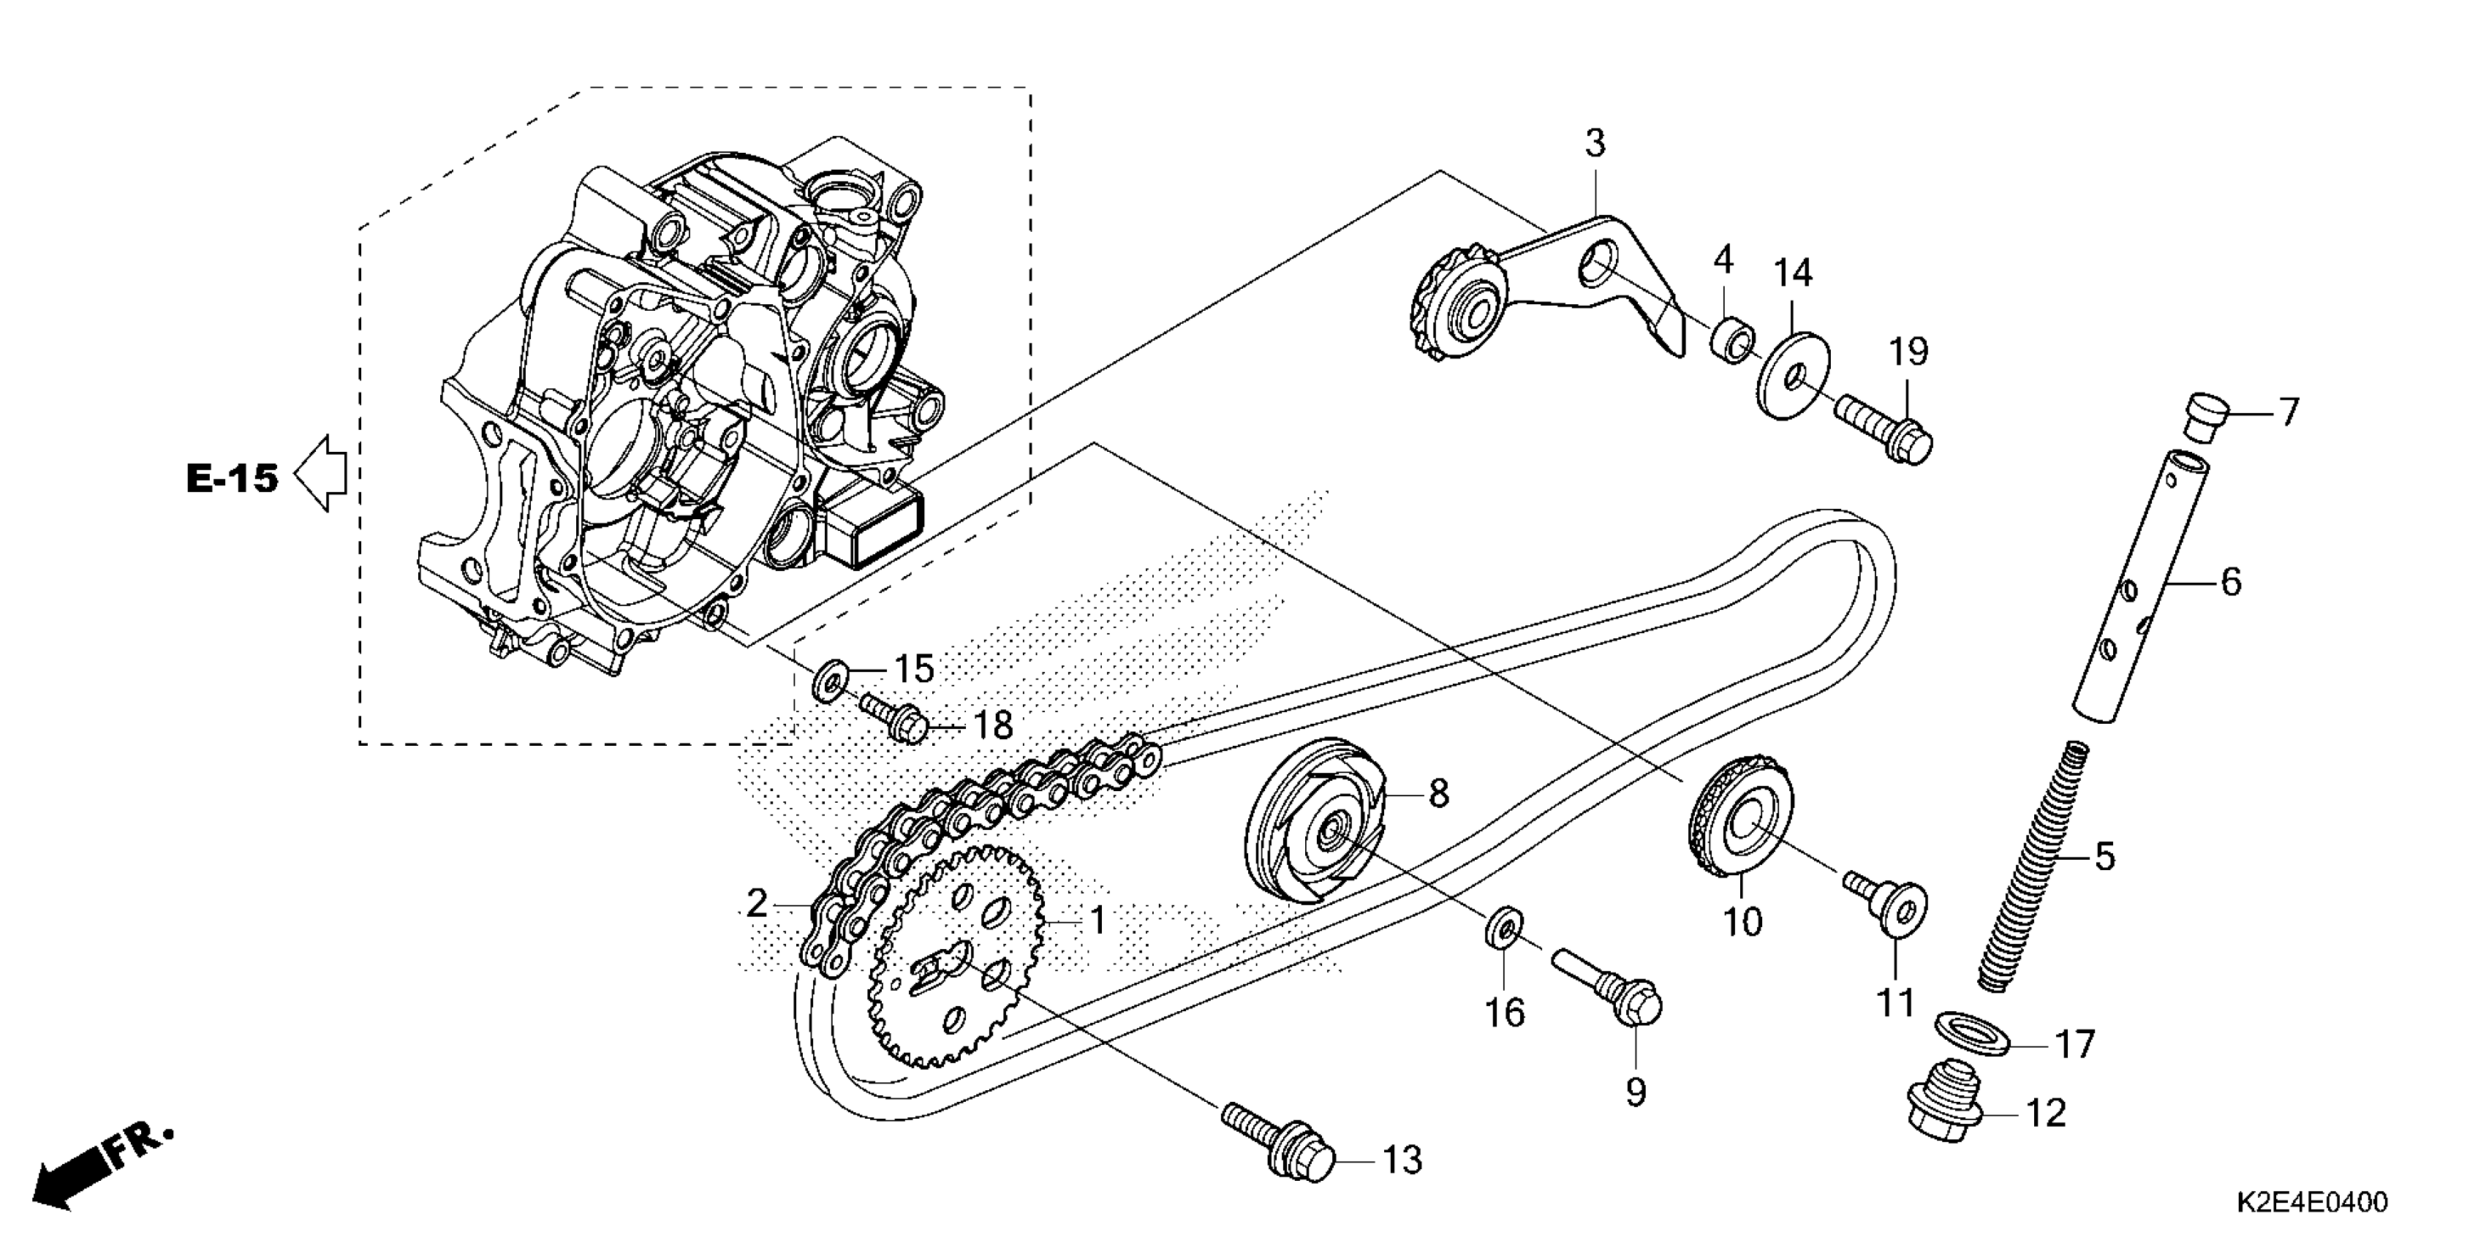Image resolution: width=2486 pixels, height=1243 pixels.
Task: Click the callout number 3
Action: click(x=1595, y=144)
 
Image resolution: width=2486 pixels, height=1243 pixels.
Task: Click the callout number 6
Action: click(x=2230, y=582)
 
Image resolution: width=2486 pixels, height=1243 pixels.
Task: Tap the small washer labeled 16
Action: click(x=1503, y=932)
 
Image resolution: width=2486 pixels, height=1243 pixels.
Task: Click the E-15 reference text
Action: click(x=233, y=477)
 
